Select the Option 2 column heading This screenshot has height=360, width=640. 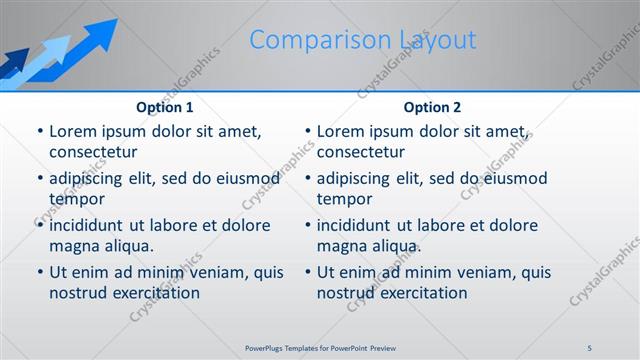(432, 107)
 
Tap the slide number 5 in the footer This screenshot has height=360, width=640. (590, 347)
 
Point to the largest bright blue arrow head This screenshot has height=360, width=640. (99, 32)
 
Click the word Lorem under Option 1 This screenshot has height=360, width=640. (73, 131)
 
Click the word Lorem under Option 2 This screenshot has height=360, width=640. (341, 131)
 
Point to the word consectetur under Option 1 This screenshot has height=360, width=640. (93, 152)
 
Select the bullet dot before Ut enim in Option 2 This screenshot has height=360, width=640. (307, 272)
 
